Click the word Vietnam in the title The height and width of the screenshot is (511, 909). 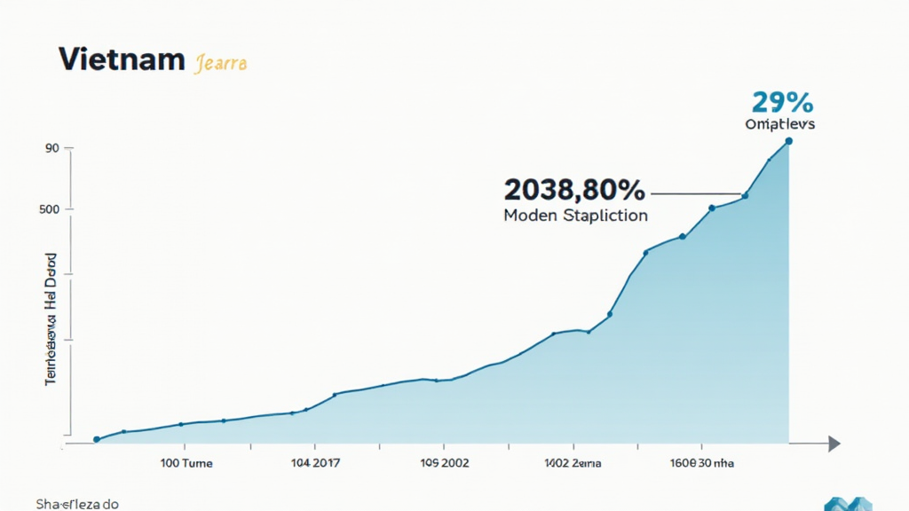(121, 60)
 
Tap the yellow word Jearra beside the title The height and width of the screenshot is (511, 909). (220, 63)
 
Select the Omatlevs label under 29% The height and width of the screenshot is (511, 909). (780, 124)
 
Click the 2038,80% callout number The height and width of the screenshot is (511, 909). (573, 190)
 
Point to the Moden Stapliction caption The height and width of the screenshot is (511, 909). (575, 216)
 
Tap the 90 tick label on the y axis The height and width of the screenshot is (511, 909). (51, 148)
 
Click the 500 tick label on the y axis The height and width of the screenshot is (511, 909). (49, 209)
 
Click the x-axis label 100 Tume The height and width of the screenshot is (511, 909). (180, 463)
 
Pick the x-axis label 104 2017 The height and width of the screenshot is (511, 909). (314, 463)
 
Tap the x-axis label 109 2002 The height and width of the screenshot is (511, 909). (444, 463)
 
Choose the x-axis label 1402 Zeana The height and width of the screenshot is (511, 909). (573, 463)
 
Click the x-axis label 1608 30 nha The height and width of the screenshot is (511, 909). (702, 463)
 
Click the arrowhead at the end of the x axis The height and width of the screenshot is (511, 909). (834, 444)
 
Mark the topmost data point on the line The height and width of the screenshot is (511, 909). (788, 141)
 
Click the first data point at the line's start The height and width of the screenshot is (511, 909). (97, 439)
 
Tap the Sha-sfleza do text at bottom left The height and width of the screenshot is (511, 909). (77, 504)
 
